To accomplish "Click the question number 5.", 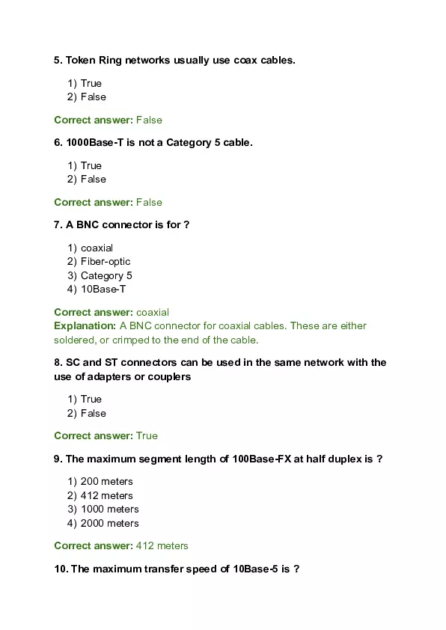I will point(58,60).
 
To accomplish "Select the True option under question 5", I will point(91,83).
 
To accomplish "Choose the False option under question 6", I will point(93,179).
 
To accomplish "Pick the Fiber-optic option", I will point(105,261).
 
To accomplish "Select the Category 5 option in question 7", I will point(106,275).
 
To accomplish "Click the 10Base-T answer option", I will point(101,289).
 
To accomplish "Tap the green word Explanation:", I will point(85,325).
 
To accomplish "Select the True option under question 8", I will point(91,399).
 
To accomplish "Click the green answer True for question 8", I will point(147,435).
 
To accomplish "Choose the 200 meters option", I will point(106,481).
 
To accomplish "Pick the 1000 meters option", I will point(109,509).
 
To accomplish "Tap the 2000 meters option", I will point(109,523).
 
